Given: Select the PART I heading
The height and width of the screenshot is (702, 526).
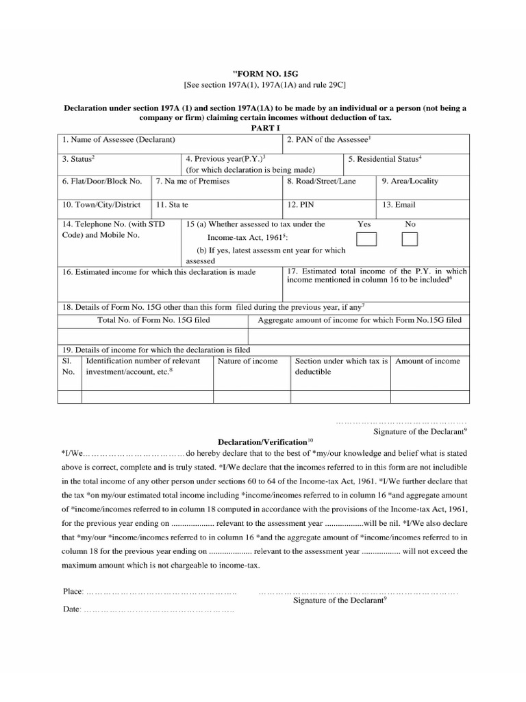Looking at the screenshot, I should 263,128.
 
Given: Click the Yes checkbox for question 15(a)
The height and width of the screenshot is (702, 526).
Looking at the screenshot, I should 366,239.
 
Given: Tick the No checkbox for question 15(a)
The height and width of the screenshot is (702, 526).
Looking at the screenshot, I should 410,239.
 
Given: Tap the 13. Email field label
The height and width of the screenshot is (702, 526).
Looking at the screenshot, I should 399,204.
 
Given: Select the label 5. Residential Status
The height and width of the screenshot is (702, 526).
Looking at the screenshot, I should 384,159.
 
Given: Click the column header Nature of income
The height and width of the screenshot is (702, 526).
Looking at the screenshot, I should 247,361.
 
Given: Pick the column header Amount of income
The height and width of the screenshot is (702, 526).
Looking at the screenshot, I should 427,361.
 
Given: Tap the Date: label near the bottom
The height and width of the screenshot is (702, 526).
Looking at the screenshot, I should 72,609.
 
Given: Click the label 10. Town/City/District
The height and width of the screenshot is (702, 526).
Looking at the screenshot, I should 101,204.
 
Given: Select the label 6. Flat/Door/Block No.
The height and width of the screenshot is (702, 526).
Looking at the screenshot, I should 102,182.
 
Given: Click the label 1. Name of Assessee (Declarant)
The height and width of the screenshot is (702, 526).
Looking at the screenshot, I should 118,140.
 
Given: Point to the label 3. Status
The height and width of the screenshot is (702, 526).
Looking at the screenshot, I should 78,159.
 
